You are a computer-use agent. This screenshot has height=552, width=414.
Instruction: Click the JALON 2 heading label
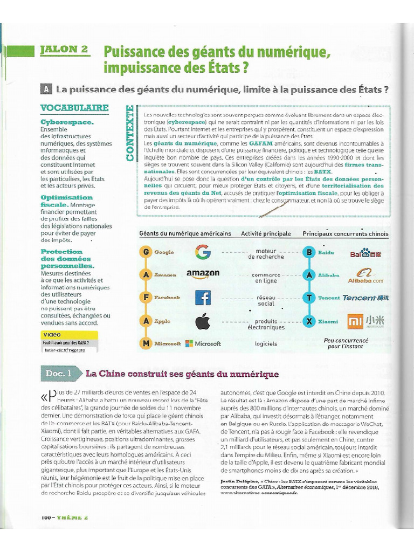point(64,50)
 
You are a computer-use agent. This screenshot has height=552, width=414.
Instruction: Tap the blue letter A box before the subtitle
point(47,88)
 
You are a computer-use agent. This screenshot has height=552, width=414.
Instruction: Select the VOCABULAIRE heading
point(74,108)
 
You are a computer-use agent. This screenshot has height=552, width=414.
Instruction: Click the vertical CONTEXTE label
point(129,133)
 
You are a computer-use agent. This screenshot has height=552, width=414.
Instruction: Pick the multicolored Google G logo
point(203,252)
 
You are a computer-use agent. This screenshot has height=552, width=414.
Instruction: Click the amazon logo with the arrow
point(203,274)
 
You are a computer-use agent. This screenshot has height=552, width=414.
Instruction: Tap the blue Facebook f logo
point(203,298)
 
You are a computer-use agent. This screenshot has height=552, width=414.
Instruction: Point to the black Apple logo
point(203,321)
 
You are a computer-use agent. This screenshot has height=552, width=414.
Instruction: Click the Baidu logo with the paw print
point(365,253)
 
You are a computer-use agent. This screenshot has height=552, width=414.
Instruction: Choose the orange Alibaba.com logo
point(365,276)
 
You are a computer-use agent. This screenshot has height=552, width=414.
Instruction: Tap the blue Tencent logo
point(365,298)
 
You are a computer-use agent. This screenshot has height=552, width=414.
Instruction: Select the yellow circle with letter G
point(145,252)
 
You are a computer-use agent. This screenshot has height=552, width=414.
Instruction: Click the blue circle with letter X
point(309,321)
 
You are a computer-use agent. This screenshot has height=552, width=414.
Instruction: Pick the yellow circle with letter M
point(145,343)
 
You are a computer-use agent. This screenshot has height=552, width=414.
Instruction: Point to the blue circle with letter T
point(309,298)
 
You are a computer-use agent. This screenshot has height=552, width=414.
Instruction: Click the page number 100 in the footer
point(45,517)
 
